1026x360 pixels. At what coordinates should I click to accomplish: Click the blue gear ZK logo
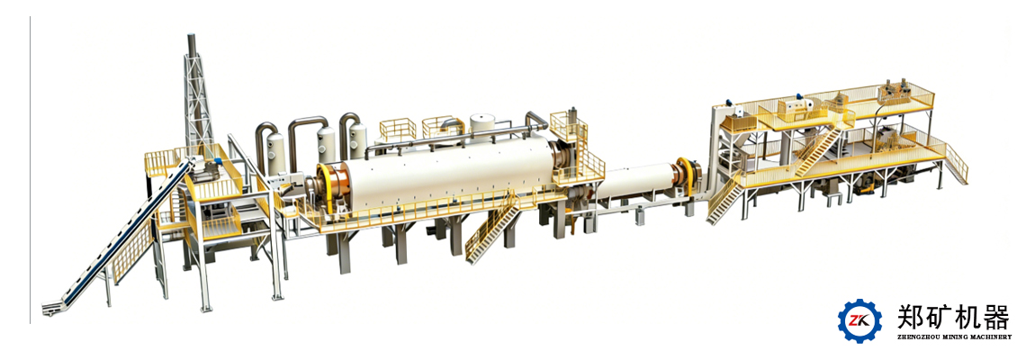pyautogui.click(x=860, y=320)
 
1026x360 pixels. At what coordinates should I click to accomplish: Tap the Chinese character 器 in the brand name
pyautogui.click(x=995, y=318)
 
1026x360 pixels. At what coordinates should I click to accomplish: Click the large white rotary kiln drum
pyautogui.click(x=445, y=172)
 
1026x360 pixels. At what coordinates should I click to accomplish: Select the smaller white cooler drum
pyautogui.click(x=638, y=180)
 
